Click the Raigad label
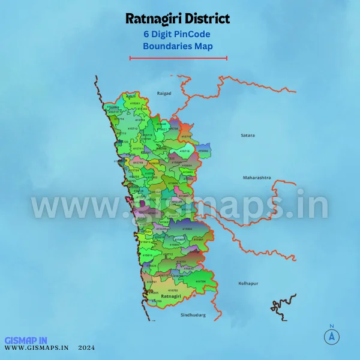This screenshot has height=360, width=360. pyautogui.click(x=164, y=94)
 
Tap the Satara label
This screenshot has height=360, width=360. pyautogui.click(x=247, y=136)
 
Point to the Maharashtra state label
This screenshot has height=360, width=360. pyautogui.click(x=257, y=178)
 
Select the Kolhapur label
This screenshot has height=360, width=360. pyautogui.click(x=248, y=283)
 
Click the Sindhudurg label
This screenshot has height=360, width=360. pyautogui.click(x=193, y=314)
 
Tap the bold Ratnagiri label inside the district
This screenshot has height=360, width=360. pyautogui.click(x=172, y=296)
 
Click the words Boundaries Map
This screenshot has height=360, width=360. pyautogui.click(x=178, y=46)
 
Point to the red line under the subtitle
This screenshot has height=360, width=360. pyautogui.click(x=178, y=58)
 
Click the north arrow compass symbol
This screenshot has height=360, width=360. pyautogui.click(x=331, y=337)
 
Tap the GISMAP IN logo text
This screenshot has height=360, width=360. pyautogui.click(x=26, y=340)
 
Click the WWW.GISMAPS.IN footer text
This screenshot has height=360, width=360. pyautogui.click(x=37, y=347)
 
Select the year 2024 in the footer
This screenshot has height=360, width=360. pyautogui.click(x=86, y=347)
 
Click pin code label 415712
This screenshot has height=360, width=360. pyautogui.click(x=133, y=128)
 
